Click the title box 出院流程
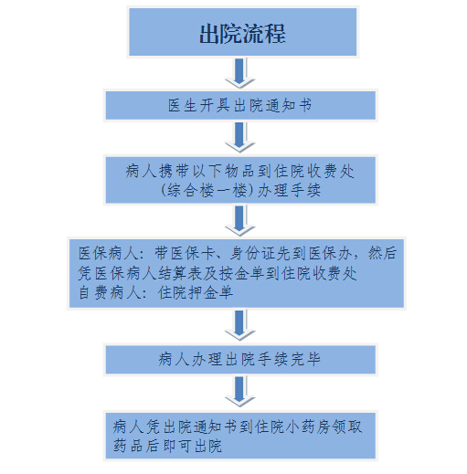point(243,32)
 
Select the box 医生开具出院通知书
point(240,106)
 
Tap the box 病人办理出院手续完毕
point(240,359)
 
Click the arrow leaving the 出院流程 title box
point(239,73)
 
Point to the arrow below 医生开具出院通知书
point(239,137)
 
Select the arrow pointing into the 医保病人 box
point(239,221)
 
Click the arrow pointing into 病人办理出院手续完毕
point(239,325)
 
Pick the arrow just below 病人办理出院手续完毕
point(239,392)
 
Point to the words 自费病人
point(109,293)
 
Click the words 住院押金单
point(196,293)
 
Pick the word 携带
point(174,171)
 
